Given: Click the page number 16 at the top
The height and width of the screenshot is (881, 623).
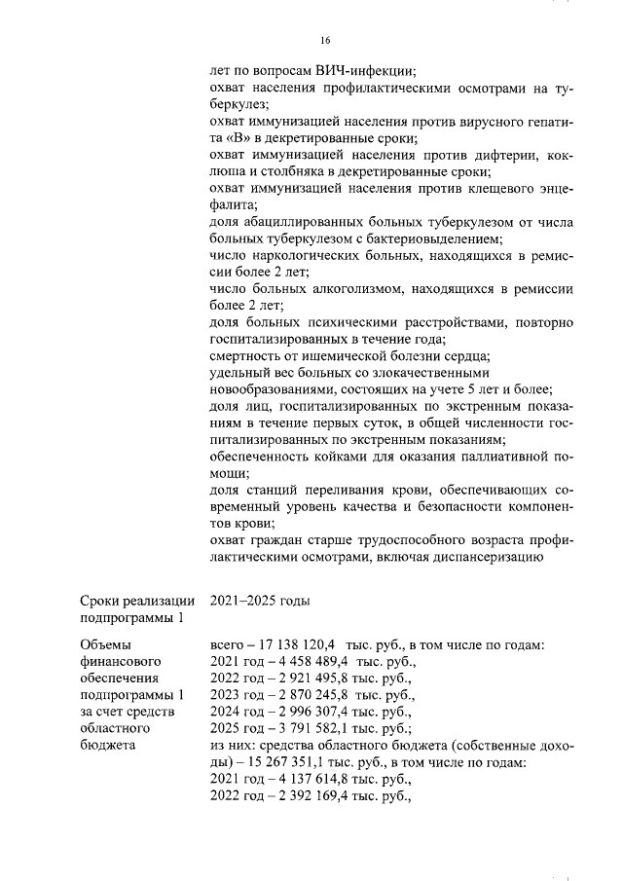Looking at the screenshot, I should tap(326, 40).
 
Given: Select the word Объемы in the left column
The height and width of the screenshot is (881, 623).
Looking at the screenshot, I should tap(103, 644).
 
